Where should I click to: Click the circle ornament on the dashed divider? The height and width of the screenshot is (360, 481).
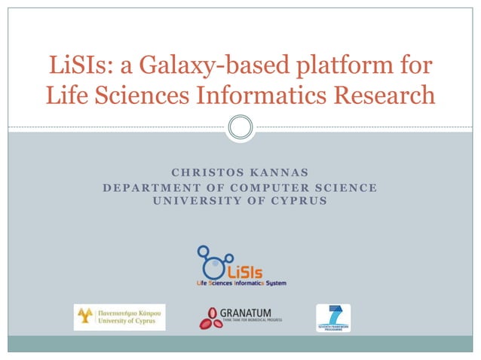click(240, 127)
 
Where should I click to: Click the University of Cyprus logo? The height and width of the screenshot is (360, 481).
click(119, 317)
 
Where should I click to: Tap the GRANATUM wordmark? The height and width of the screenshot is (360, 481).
click(246, 313)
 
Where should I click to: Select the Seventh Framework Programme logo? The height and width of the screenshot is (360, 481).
click(332, 317)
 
